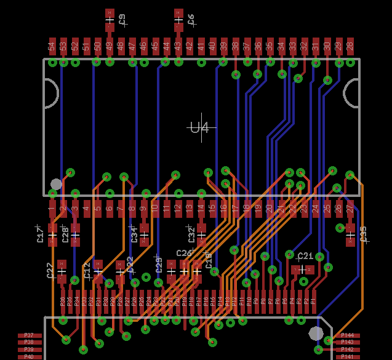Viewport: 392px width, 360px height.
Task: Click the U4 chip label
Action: (x=199, y=128)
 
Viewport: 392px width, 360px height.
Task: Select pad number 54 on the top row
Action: (x=52, y=46)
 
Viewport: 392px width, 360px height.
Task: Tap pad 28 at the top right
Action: (x=350, y=46)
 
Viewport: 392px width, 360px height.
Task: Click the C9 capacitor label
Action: (x=122, y=20)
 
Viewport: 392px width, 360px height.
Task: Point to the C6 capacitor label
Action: (x=191, y=20)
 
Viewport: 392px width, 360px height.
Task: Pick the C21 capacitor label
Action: (x=305, y=256)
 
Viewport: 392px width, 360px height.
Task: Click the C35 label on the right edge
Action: (x=363, y=234)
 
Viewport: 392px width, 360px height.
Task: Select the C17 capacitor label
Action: (x=41, y=234)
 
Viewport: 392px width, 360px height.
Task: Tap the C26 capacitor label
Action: (x=184, y=253)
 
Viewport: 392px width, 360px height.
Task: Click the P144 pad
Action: (x=347, y=336)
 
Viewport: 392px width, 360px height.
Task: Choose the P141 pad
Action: (x=347, y=356)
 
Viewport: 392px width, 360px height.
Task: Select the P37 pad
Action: (x=30, y=336)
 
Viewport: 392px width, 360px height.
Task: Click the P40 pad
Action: (x=30, y=356)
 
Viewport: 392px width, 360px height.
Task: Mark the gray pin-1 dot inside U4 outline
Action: (x=56, y=184)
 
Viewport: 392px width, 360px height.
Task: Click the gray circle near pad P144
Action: (x=316, y=333)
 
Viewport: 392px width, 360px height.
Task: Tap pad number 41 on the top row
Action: (x=201, y=46)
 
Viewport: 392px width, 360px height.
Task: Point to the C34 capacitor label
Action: (x=134, y=234)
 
